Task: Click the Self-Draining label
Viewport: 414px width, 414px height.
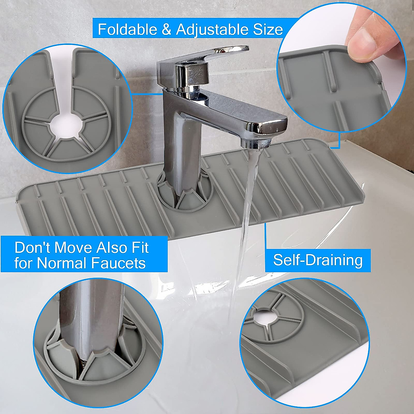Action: pyautogui.click(x=318, y=259)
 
